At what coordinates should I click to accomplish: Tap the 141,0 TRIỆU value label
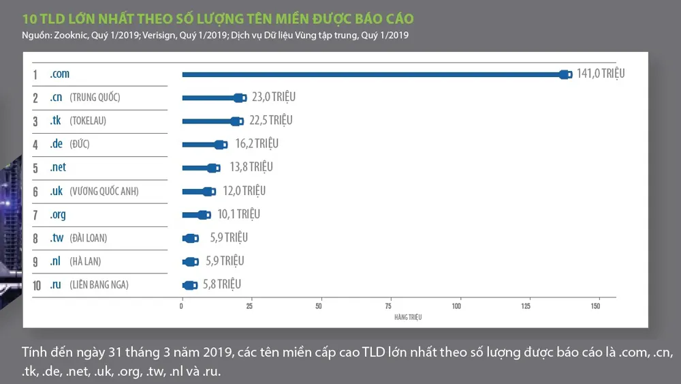click(600, 74)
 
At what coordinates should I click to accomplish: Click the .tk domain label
click(56, 121)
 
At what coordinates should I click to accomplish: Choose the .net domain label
click(58, 167)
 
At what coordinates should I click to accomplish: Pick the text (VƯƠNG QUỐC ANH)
click(104, 191)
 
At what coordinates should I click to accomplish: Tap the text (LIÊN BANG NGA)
click(99, 284)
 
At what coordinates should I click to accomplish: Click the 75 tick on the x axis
click(389, 306)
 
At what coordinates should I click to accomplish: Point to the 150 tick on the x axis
click(595, 306)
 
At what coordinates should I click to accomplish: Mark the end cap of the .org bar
click(204, 214)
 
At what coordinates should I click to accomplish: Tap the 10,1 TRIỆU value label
click(238, 214)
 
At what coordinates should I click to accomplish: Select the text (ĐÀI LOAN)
click(88, 238)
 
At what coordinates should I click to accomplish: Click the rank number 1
click(35, 74)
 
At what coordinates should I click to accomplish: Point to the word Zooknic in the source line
click(72, 35)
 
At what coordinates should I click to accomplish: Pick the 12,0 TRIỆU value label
click(244, 191)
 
